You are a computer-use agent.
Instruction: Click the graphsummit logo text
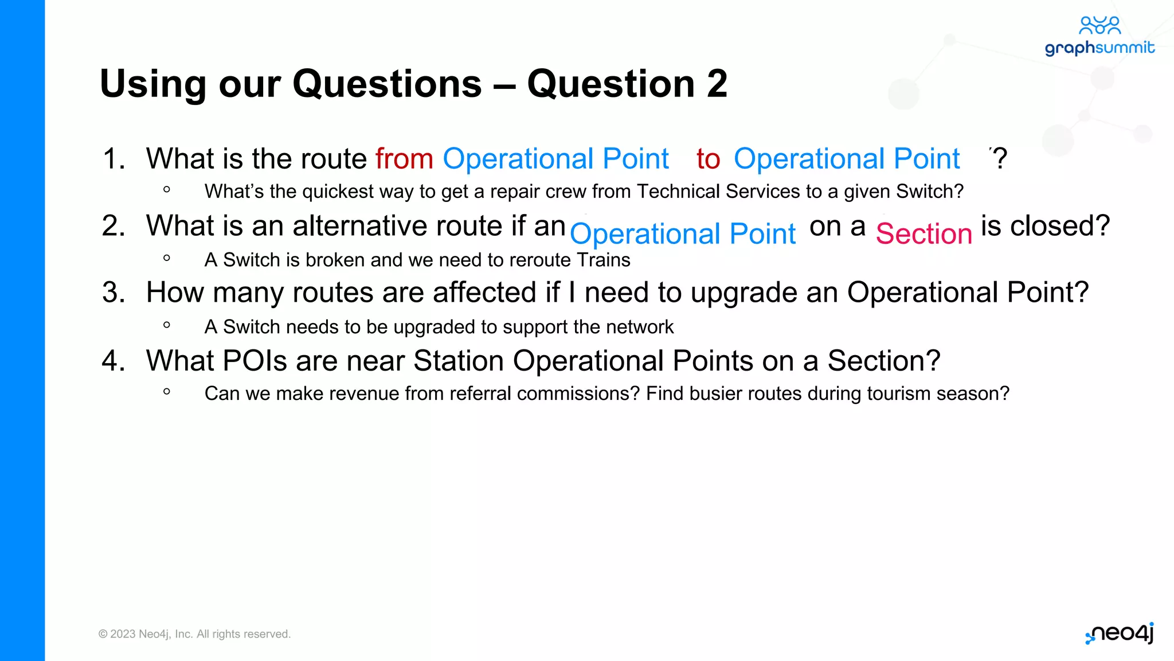point(1099,48)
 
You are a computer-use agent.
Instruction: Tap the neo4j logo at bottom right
point(1120,633)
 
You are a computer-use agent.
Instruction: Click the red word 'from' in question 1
point(404,159)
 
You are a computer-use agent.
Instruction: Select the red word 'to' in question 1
point(708,159)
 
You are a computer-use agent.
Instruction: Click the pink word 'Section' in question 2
point(923,234)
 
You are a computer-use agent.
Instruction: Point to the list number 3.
point(113,293)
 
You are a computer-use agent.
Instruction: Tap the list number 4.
point(113,361)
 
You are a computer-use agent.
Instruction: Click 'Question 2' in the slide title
point(627,84)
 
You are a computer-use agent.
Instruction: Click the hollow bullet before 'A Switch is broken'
point(167,258)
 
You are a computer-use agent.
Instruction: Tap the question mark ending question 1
point(1000,158)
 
